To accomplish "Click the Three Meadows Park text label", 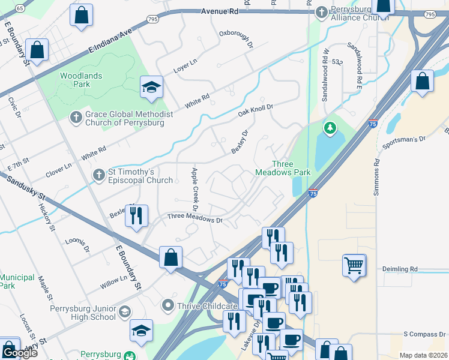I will point(291,168).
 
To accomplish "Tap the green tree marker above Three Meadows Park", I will point(330,127).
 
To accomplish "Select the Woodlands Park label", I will point(81,80).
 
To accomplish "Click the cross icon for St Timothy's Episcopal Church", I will point(98,175).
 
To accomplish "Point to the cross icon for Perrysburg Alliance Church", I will point(322,12).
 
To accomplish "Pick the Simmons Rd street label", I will point(377,170).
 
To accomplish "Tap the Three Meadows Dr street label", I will point(195,218).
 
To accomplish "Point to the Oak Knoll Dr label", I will point(256,110).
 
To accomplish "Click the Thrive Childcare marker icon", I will point(168,306).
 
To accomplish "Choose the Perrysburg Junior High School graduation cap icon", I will point(124,311).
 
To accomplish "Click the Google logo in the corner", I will point(20,353).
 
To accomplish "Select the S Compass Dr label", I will point(425,334).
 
